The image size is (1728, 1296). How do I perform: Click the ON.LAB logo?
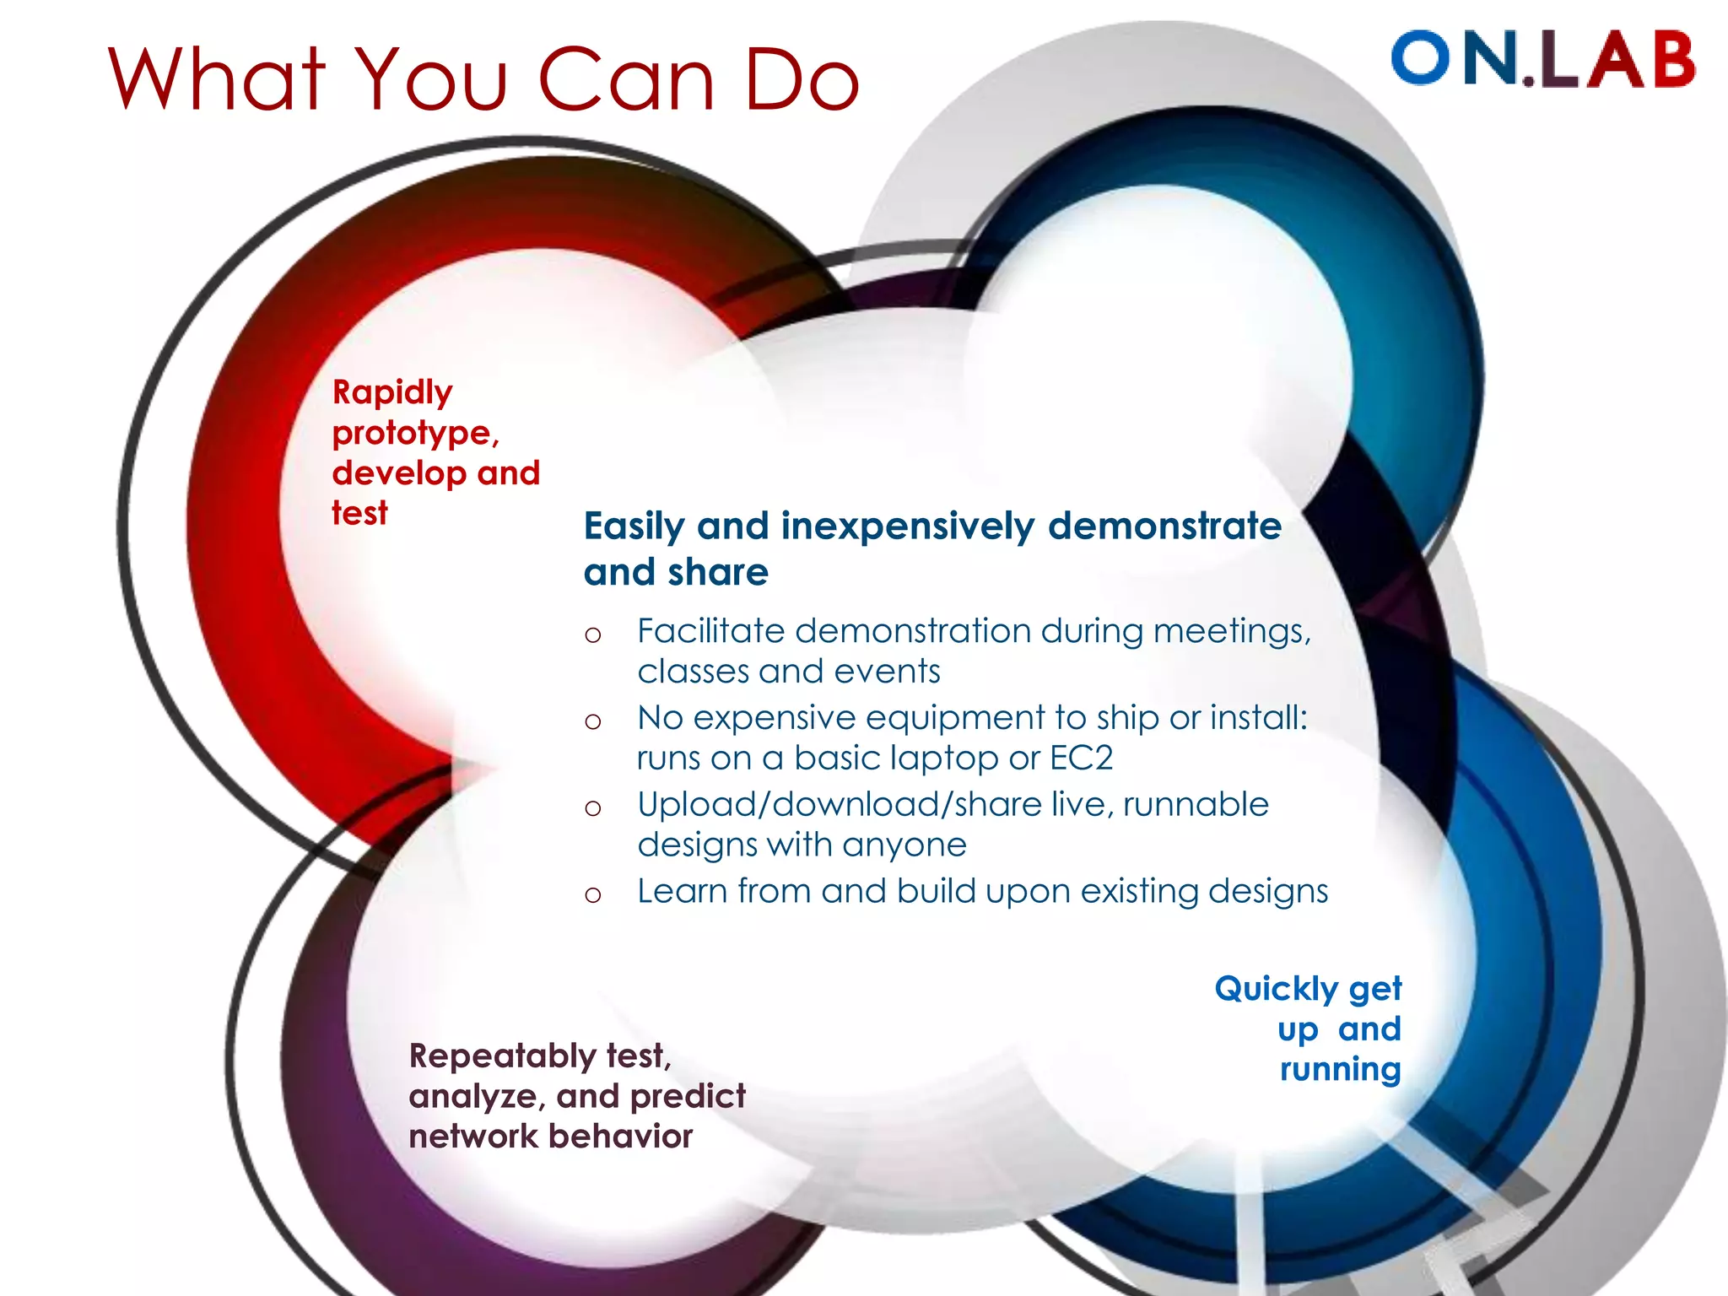click(1542, 59)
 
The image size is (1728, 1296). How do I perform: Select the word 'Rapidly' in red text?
click(392, 393)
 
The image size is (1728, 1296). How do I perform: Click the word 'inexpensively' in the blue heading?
click(907, 527)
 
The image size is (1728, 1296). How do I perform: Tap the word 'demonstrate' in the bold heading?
click(1164, 526)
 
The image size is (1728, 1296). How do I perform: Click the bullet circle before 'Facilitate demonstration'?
click(593, 634)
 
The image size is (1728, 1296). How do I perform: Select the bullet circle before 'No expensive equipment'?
click(593, 721)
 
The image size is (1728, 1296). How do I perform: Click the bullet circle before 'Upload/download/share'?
click(593, 808)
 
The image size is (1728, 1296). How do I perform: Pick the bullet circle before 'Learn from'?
click(593, 895)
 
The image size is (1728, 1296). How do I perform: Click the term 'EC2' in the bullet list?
click(1081, 758)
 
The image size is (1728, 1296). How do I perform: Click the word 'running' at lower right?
click(1340, 1071)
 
